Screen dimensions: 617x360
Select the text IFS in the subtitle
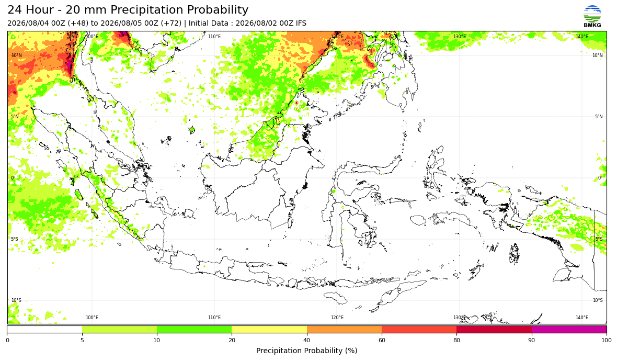click(301, 23)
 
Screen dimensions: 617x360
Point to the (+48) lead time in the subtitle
click(78, 23)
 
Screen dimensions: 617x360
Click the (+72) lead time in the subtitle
click(171, 23)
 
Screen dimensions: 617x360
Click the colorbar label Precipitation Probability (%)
click(306, 351)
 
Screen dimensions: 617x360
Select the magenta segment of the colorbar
click(569, 329)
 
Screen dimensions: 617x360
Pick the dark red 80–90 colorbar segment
click(494, 329)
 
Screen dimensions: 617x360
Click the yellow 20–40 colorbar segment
click(269, 329)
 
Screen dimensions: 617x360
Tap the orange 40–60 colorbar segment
click(344, 329)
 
